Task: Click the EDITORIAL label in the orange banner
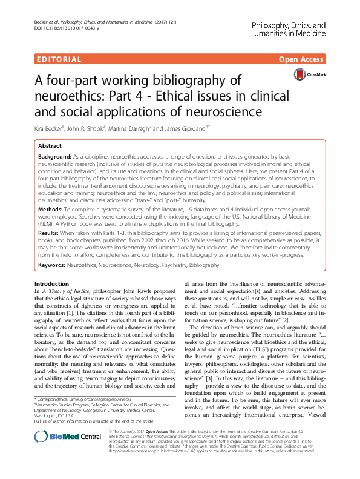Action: point(59,59)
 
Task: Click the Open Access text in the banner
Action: point(300,59)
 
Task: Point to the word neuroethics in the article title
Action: point(67,96)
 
